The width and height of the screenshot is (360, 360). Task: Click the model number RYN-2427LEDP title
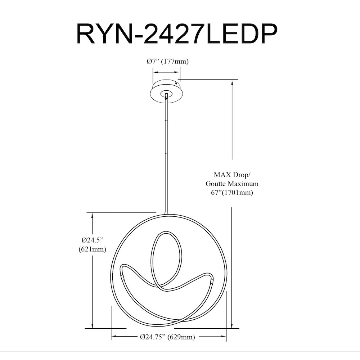click(x=177, y=33)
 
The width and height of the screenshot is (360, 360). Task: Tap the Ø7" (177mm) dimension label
click(x=168, y=62)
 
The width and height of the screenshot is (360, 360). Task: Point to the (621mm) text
click(x=92, y=249)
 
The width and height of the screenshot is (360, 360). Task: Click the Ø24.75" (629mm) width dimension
click(x=167, y=337)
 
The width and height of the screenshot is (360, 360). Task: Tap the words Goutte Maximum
click(x=232, y=184)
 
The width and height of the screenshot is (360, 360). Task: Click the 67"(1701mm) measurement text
click(x=232, y=193)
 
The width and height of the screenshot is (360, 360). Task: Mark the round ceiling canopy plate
click(x=166, y=91)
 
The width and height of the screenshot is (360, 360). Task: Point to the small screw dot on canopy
click(x=176, y=84)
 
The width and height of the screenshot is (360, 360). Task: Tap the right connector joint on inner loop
click(x=211, y=281)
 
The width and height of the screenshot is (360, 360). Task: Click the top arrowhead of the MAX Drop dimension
click(x=232, y=83)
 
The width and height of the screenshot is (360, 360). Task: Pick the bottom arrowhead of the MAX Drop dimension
click(x=232, y=325)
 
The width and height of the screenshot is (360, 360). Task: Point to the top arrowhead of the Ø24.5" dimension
click(x=92, y=216)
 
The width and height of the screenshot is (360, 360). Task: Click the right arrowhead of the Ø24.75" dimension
click(x=224, y=337)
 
